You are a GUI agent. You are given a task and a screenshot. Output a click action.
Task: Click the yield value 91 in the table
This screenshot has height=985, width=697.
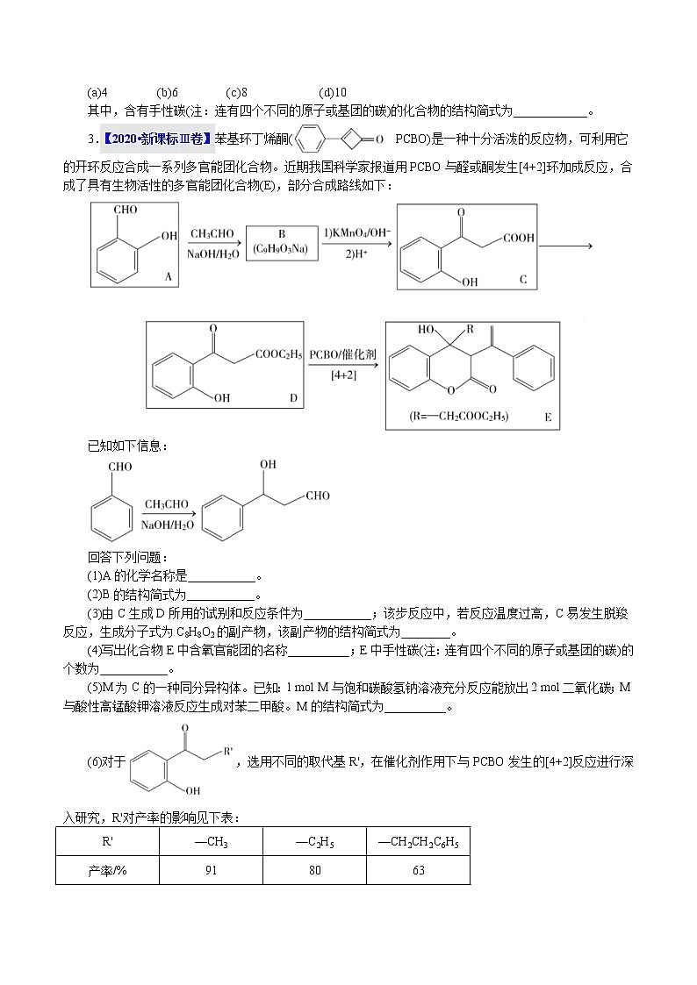point(212,870)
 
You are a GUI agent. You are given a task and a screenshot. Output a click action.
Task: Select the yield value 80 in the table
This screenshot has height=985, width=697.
point(314,870)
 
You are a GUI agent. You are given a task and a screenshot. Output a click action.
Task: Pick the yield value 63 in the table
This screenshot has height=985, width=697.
point(418,870)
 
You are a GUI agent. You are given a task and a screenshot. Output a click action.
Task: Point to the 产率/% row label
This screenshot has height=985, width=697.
point(107,870)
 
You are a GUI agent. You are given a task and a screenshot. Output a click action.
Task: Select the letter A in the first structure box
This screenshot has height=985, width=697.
point(168,276)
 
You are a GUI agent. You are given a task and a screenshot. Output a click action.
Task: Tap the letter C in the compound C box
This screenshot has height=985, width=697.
point(522,280)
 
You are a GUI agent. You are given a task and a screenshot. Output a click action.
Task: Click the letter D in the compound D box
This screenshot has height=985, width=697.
point(293,397)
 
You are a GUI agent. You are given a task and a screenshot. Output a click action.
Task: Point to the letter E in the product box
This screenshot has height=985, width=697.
point(547,418)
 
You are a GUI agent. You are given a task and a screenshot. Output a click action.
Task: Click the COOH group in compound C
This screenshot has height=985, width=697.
point(519,238)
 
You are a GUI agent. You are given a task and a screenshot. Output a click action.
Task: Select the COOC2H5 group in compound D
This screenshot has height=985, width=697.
point(278,354)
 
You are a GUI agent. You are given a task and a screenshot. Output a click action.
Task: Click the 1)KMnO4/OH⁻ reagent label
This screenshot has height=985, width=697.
point(356,233)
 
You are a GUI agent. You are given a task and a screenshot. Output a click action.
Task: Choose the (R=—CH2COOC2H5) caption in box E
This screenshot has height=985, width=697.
point(459,416)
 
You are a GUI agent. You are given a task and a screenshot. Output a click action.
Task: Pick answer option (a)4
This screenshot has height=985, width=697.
point(97,92)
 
